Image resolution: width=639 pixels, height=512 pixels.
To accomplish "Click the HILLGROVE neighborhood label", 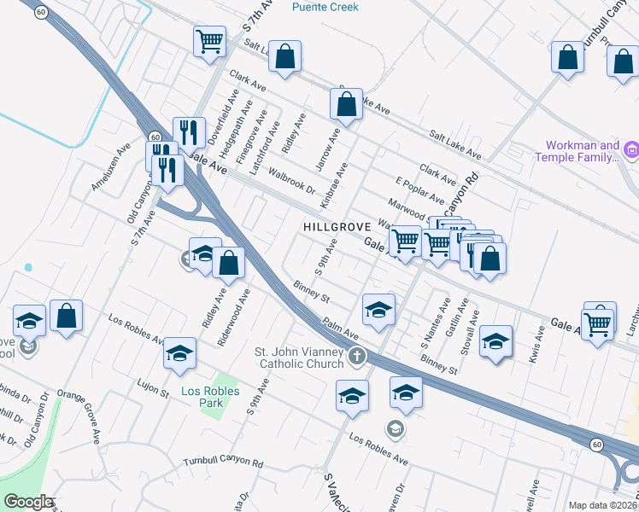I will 336,227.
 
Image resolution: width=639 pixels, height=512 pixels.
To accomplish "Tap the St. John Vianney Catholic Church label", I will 299,358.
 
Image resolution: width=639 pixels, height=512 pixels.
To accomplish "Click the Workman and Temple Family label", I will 577,151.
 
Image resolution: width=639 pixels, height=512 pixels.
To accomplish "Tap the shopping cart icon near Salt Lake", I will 209,40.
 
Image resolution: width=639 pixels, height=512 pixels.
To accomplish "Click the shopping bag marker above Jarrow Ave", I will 347,105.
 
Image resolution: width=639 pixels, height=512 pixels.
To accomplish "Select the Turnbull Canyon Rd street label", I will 224,462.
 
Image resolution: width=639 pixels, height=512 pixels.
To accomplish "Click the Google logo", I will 28,501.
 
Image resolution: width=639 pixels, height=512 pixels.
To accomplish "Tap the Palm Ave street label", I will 340,329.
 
